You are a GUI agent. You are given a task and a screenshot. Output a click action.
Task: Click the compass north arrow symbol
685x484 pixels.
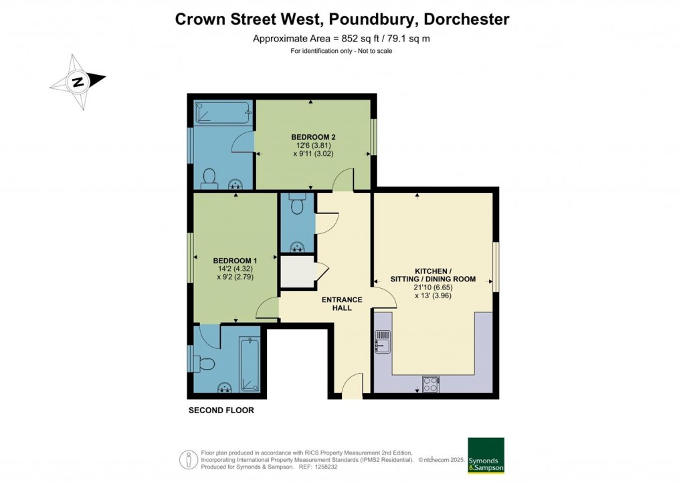(x=78, y=82)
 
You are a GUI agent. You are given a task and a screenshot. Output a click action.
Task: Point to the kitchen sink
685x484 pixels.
(x=383, y=342)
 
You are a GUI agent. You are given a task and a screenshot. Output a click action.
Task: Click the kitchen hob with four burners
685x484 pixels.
(x=430, y=384)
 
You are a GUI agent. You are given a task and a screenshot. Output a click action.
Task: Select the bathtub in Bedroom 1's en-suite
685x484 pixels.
(x=249, y=364)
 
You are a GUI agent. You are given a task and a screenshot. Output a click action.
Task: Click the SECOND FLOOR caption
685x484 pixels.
(x=221, y=410)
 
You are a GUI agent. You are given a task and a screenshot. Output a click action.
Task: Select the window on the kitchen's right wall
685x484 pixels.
(x=496, y=266)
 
